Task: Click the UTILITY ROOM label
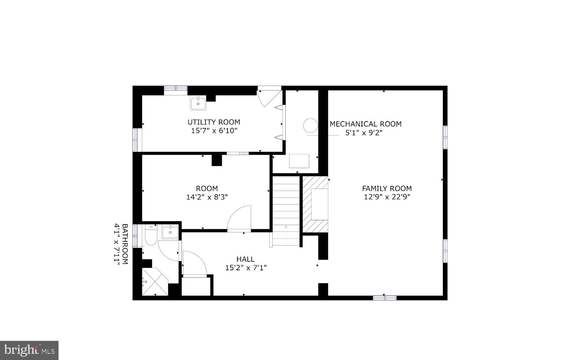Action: pos(213,122)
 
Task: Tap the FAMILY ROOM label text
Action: pos(387,188)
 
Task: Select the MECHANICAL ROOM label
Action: pos(365,124)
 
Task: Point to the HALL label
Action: pos(245,259)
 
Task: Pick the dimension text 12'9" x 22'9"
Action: pos(387,197)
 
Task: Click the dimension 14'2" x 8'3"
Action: pos(207,197)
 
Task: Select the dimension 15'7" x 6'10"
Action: pos(214,131)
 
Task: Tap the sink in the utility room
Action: pos(198,103)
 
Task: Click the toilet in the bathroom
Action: pos(150,236)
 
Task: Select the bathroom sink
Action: pos(170,232)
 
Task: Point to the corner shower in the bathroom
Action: pos(154,282)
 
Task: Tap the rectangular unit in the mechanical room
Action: pos(299,161)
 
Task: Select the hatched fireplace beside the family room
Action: pos(315,205)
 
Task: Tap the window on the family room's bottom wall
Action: pos(385,298)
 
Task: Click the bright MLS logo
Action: pos(29,350)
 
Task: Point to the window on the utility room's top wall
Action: pos(176,88)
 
